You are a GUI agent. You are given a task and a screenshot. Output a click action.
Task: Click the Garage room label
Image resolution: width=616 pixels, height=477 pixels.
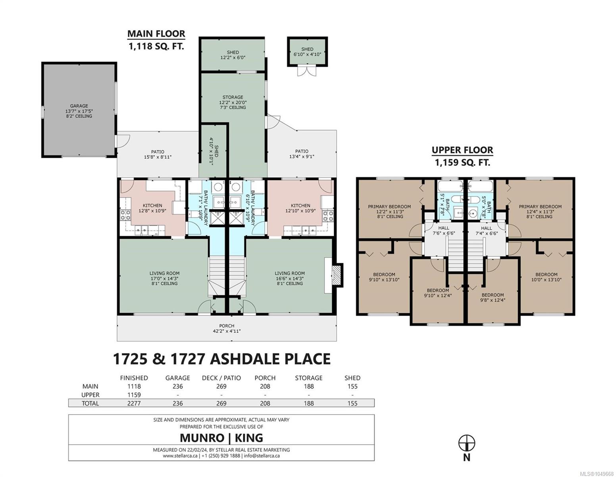pos(79,111)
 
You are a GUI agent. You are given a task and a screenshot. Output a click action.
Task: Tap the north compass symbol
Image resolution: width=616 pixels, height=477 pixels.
pos(467,443)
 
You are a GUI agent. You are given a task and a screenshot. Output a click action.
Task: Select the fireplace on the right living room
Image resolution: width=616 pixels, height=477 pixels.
pos(337,275)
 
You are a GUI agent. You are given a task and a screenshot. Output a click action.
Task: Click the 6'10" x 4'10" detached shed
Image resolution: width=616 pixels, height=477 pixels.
pos(307,52)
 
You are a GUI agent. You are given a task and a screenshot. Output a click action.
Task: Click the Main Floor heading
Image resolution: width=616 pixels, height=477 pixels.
pos(156,34)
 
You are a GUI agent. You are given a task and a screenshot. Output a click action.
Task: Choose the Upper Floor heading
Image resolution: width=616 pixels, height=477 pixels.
pos(462,150)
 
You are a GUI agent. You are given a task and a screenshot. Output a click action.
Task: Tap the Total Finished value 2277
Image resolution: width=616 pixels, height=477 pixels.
pos(134,403)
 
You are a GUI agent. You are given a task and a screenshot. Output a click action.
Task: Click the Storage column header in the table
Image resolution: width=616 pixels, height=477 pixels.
pos(309,378)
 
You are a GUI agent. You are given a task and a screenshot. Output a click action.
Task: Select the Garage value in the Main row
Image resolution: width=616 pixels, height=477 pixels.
pos(178,386)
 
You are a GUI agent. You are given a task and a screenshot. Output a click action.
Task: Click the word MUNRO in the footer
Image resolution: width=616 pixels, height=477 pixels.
pos(202,438)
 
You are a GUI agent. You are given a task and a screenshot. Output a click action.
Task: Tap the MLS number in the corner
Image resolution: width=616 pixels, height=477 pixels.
pos(597,474)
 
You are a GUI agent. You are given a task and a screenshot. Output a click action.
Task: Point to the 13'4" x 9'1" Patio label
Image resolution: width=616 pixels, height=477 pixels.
pos(302,154)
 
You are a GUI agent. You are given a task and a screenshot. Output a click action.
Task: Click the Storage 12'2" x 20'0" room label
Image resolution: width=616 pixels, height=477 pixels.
pos(233,102)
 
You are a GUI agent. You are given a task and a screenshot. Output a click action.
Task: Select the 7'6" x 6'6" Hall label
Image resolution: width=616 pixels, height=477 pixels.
pos(444,231)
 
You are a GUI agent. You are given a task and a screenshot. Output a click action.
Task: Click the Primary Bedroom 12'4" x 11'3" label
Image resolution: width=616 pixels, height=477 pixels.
pos(540,211)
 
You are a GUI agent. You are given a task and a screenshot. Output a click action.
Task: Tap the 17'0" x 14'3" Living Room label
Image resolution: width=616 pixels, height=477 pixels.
pos(164,278)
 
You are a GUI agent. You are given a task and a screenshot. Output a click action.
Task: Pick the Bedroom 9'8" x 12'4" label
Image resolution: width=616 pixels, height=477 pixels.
pos(493,297)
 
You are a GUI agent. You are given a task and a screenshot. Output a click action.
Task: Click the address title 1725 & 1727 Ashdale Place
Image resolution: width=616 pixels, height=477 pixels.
pos(222,359)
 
